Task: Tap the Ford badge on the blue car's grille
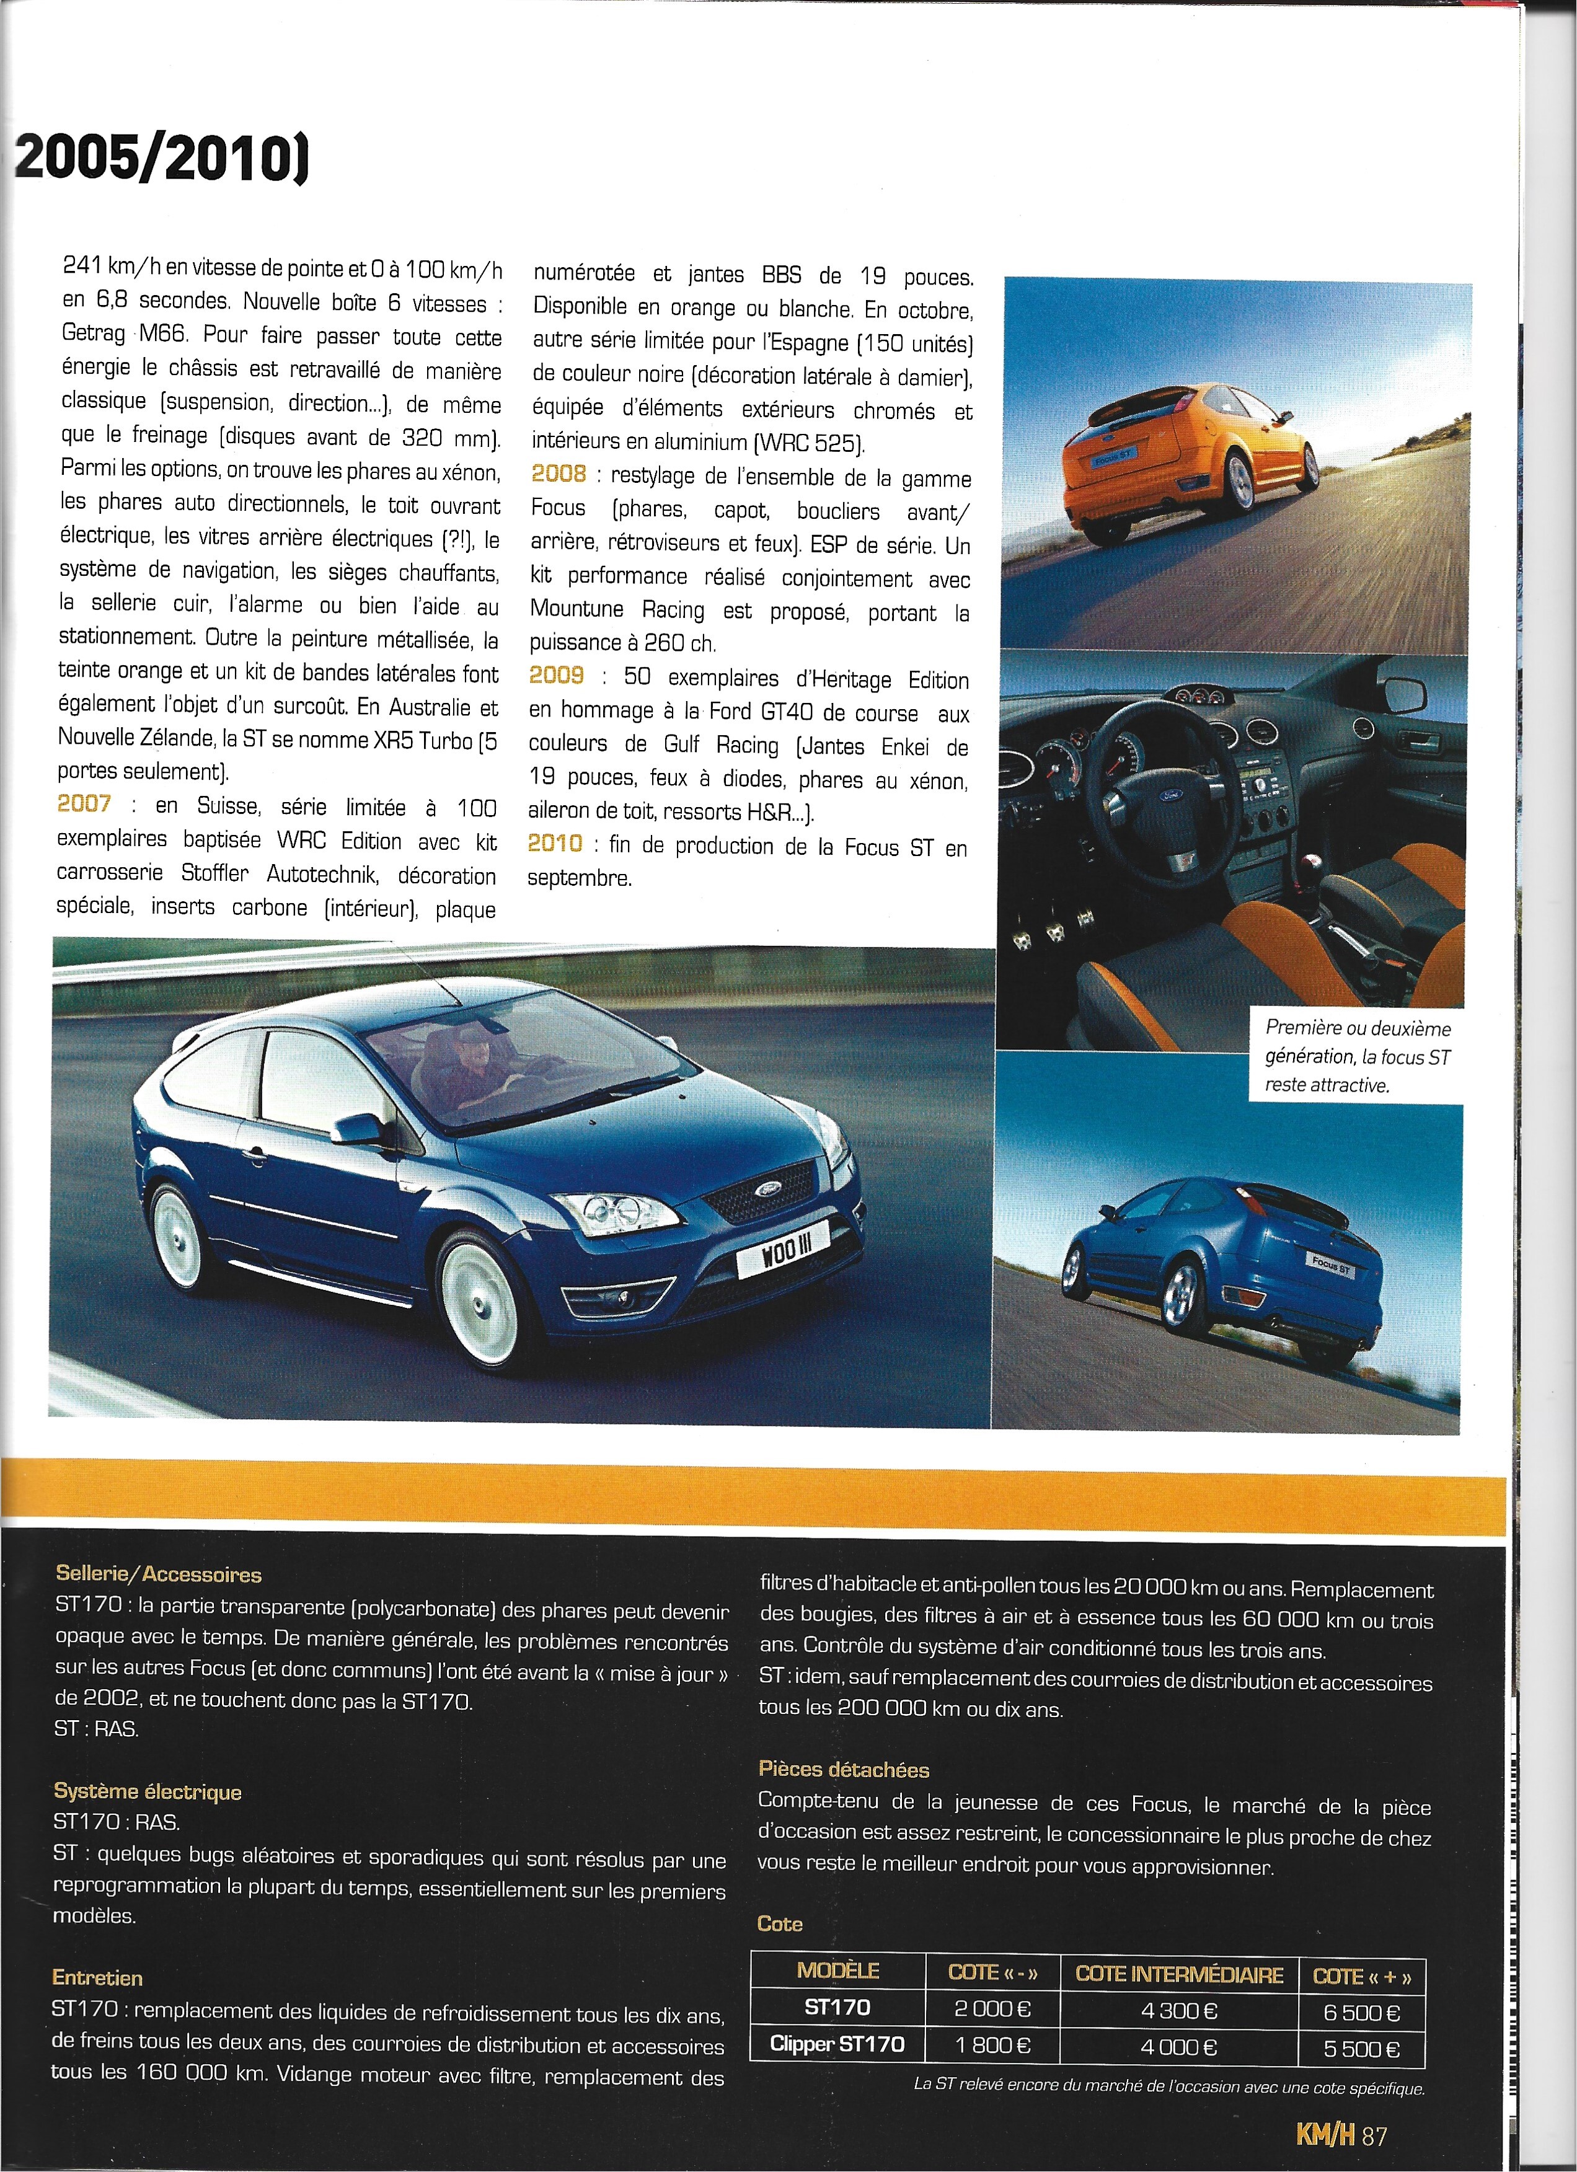(769, 1188)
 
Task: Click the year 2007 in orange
(84, 803)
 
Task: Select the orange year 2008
(559, 473)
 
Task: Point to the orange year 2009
(556, 675)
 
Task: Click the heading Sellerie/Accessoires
(158, 1573)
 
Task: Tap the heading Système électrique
(148, 1792)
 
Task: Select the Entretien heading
(98, 1977)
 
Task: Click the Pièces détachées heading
(844, 1770)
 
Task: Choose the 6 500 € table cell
(1361, 2012)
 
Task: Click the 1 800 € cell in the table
(992, 2047)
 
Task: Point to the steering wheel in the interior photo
(1149, 771)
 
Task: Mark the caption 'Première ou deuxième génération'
(1357, 1056)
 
